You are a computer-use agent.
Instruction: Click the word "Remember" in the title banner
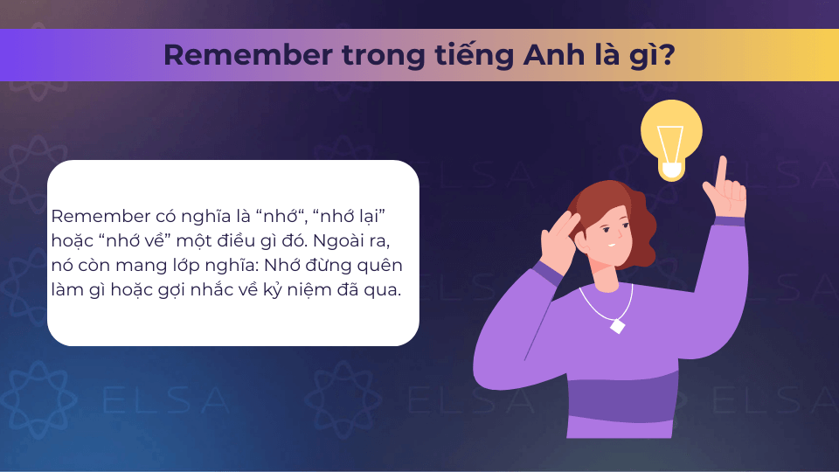pos(247,55)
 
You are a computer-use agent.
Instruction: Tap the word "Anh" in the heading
pos(554,54)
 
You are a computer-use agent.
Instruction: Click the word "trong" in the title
pos(383,58)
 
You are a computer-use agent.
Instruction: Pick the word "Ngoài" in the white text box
pos(335,241)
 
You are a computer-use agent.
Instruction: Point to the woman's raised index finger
pos(723,170)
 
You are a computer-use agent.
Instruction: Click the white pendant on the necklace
pos(618,325)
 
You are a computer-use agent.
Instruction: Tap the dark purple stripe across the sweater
pos(621,397)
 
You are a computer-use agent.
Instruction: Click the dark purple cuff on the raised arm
pos(729,220)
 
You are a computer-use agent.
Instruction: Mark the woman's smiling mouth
pos(611,246)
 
